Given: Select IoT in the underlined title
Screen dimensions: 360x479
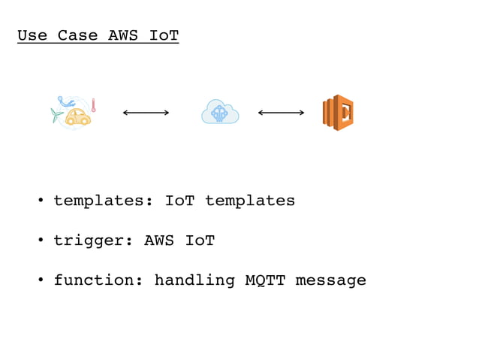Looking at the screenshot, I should (x=164, y=35).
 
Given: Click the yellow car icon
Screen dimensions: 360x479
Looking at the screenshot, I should (x=77, y=116).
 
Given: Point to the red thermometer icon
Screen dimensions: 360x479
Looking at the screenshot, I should (x=93, y=105).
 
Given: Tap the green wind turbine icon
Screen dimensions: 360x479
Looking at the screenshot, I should (x=56, y=115).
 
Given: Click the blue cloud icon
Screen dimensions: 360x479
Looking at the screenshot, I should (x=220, y=113).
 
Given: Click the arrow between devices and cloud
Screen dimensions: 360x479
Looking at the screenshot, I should (x=146, y=113).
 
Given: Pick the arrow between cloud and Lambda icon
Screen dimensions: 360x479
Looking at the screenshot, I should (x=281, y=113).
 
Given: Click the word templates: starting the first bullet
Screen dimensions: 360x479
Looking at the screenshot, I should (x=104, y=201).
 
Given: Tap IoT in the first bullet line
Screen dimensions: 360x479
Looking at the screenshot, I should (x=179, y=201).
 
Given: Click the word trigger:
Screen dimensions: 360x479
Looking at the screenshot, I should (x=93, y=241).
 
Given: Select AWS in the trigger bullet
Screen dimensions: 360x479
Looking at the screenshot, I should (x=159, y=241).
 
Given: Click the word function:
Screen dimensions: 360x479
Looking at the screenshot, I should (x=98, y=280).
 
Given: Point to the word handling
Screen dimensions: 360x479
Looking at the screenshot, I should (x=194, y=280).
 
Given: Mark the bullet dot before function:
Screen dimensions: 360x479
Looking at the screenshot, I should (x=41, y=281).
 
